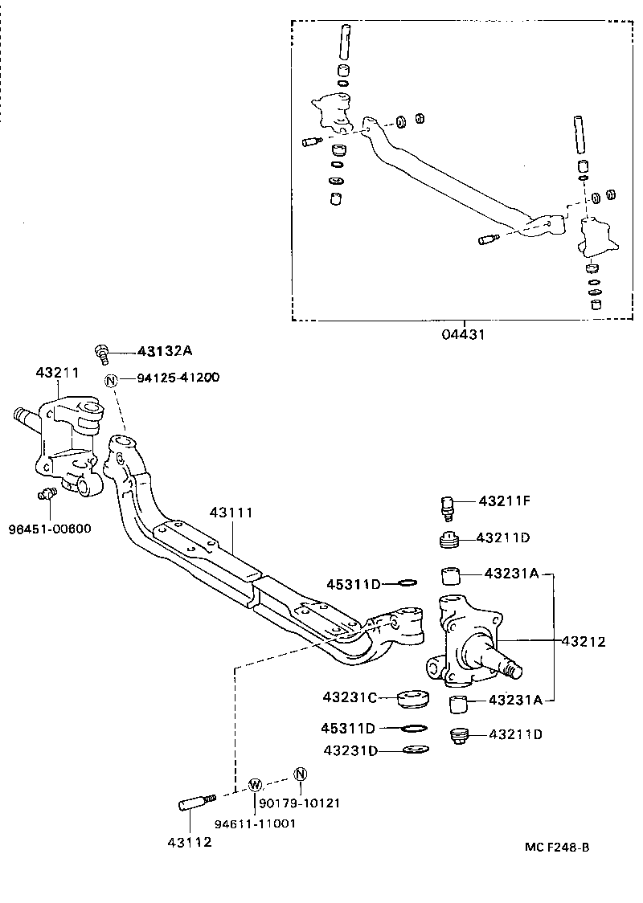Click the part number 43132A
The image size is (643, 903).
[166, 351]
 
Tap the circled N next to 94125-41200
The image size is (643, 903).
[111, 378]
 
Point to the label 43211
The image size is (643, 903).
[57, 373]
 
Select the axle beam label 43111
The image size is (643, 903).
[231, 512]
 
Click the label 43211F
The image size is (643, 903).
[504, 501]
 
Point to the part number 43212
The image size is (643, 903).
[583, 641]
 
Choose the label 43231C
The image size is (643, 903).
[350, 697]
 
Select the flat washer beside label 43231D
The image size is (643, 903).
[415, 750]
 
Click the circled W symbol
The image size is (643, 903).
[255, 784]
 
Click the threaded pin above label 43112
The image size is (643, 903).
[196, 801]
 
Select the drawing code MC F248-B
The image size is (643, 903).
[557, 847]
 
